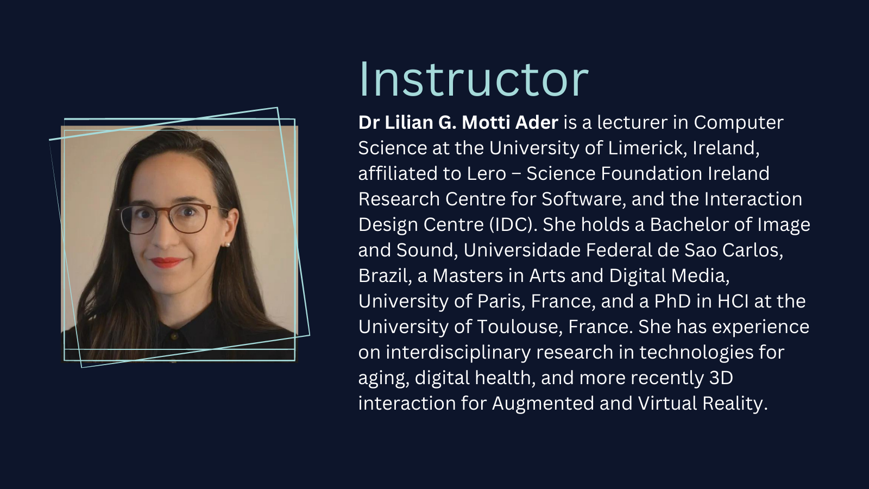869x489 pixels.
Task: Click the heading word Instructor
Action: tap(474, 79)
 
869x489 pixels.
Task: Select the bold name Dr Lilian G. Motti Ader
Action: tap(458, 123)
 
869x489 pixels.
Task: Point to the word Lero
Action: tap(487, 173)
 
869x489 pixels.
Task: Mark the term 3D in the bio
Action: tap(721, 378)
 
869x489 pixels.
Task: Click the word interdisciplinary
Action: tap(458, 353)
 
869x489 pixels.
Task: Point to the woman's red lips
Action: tap(167, 263)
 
